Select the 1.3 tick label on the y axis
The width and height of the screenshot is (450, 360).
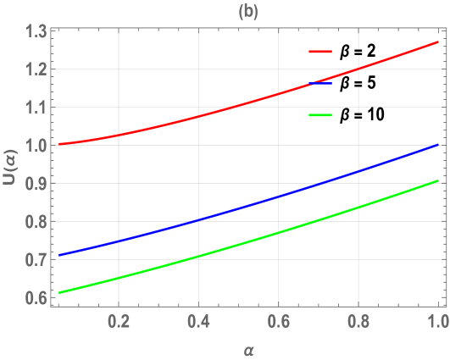(36, 32)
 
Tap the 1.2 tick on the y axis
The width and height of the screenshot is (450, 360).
(36, 69)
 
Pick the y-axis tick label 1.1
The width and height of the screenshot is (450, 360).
(36, 108)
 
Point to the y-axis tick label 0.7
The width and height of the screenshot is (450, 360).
(36, 260)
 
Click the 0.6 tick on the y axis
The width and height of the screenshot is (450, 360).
(36, 298)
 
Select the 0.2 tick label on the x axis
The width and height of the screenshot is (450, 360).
(119, 323)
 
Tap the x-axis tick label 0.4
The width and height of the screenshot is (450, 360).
(198, 323)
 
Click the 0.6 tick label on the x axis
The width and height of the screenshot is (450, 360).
(279, 323)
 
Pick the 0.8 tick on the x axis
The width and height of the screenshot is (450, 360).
(358, 323)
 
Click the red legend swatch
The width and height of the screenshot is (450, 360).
(319, 52)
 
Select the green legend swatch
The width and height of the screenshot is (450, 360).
(319, 114)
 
